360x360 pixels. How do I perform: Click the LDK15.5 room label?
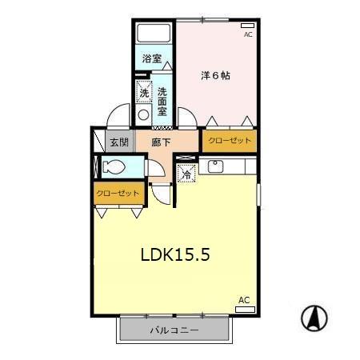(x=175, y=256)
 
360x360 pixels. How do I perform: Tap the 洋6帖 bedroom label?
(x=215, y=76)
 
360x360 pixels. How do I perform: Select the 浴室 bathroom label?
(x=152, y=59)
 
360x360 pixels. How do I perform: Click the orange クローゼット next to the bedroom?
(x=230, y=141)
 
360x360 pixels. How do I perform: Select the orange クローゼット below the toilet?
(x=118, y=194)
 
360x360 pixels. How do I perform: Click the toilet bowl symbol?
(x=113, y=167)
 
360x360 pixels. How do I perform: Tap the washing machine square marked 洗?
(x=144, y=93)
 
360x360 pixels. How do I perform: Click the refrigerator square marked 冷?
(x=186, y=173)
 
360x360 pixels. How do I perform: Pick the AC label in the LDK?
(x=244, y=300)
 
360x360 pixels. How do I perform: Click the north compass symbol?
(x=314, y=318)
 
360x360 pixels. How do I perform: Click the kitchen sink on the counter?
(x=214, y=166)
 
